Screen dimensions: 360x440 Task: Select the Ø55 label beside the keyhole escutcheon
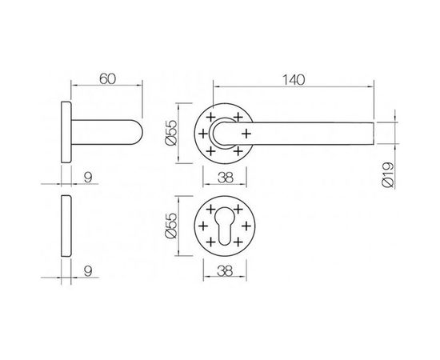point(170,226)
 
